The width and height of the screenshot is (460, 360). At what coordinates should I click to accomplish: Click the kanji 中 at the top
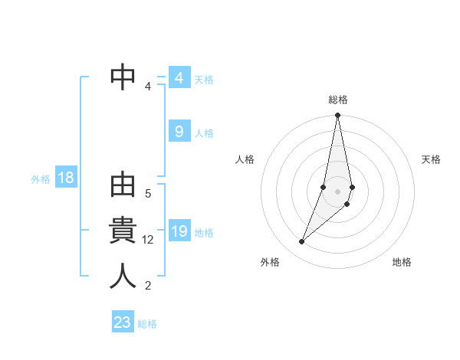pos(123,77)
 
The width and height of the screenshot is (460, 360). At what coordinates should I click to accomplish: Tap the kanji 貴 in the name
pos(123,231)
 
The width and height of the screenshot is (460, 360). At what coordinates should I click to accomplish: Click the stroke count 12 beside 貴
pos(148,240)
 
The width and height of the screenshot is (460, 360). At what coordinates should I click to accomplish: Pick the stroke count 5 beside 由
pos(148,194)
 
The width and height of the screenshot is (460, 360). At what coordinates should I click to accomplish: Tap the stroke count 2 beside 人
pos(148,286)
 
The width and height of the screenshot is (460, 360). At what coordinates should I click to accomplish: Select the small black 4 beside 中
pos(148,87)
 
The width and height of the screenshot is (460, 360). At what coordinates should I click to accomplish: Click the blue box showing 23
pos(123,322)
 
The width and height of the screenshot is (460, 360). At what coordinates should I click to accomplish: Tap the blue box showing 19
pos(179,231)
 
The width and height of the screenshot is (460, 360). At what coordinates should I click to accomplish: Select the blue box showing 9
pos(179,132)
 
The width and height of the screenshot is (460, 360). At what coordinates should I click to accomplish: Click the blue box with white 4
pos(179,78)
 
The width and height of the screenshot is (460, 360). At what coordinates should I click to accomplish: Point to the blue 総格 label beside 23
pos(147,324)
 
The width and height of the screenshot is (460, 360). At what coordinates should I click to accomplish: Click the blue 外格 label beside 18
pos(41,179)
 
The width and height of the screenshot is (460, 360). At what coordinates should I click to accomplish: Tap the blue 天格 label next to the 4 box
pos(204,79)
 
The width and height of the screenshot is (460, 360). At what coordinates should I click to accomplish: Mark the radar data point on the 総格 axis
pos(337,116)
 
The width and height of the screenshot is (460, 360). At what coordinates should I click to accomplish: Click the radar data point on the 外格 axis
pos(302,242)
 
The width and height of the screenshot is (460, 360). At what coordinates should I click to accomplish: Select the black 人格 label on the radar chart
pos(245,159)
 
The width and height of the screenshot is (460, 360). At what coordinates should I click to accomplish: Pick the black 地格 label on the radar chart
pos(402,262)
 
